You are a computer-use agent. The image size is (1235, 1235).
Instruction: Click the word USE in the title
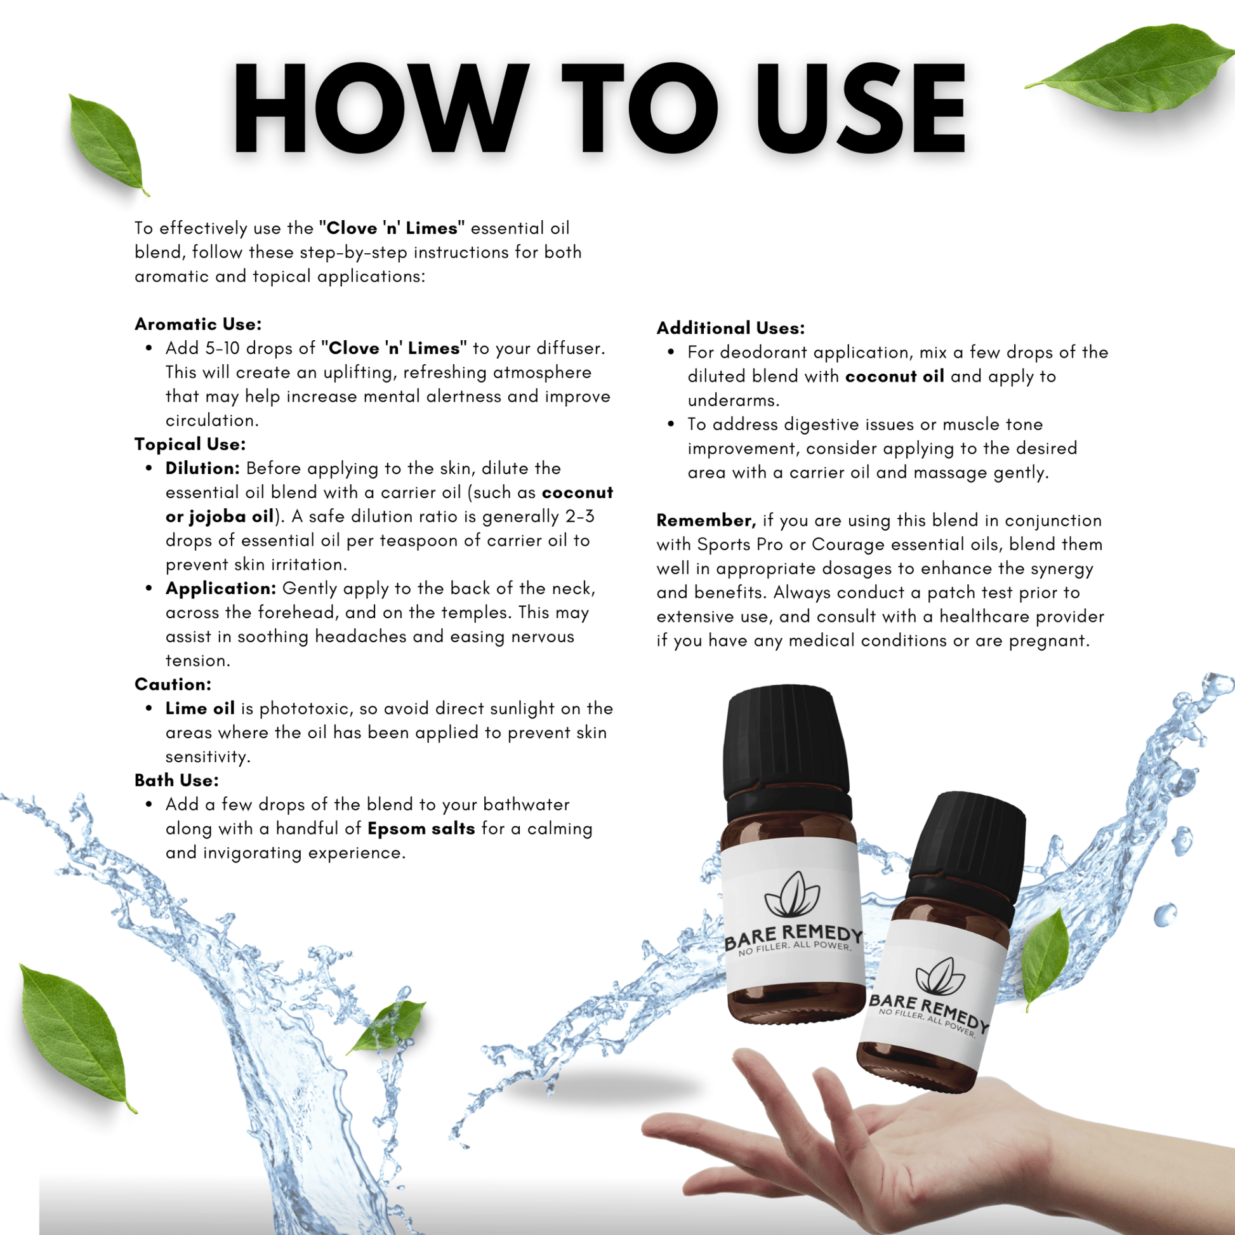coord(860,109)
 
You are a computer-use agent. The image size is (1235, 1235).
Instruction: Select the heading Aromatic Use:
coord(198,324)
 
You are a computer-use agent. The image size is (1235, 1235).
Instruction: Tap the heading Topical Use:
coord(190,444)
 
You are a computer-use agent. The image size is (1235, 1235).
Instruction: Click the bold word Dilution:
coord(202,468)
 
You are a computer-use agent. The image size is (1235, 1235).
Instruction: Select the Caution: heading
coord(173,685)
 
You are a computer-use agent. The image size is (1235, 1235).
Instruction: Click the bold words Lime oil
coord(199,709)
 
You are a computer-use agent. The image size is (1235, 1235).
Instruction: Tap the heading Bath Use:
coord(176,781)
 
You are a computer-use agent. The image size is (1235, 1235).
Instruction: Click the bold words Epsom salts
coord(421,829)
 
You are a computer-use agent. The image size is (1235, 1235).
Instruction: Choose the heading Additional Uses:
coord(730,328)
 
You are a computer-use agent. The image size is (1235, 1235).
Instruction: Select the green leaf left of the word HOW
coord(106,145)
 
